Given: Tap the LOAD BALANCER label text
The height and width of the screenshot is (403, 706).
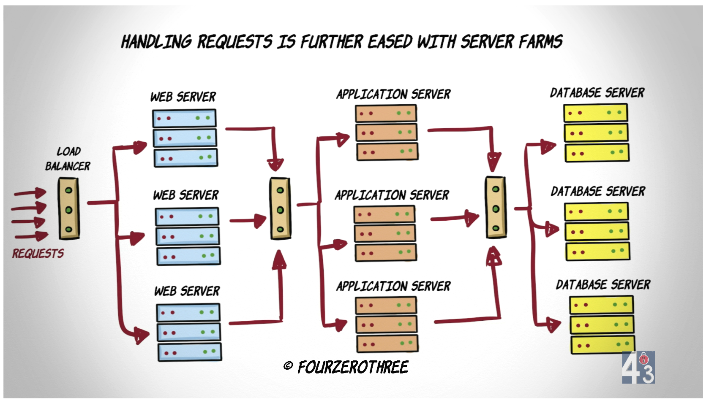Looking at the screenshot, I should click(68, 159).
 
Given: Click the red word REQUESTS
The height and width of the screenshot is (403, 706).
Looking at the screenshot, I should click(38, 254).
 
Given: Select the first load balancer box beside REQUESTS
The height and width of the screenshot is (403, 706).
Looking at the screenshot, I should click(68, 208).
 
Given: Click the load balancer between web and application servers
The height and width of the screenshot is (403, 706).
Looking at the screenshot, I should click(280, 208).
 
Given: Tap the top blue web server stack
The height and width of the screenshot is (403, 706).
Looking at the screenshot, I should click(185, 138).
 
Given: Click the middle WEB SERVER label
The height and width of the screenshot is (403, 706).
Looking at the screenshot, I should click(186, 195).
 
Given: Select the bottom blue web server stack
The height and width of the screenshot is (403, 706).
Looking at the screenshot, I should click(189, 333).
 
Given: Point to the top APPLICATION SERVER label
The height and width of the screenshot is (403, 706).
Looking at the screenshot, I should click(393, 94).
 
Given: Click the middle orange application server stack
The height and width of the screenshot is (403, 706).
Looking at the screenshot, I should click(385, 233).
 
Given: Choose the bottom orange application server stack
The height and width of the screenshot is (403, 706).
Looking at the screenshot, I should click(387, 325).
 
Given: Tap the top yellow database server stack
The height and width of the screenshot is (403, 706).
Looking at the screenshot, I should click(596, 133).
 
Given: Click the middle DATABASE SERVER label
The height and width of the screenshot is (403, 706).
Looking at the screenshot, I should click(598, 192).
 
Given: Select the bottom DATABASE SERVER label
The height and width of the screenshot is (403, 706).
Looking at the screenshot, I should click(603, 285).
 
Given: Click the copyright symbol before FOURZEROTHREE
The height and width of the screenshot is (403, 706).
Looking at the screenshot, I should click(288, 366).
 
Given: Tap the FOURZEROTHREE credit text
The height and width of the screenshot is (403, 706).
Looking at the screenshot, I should click(353, 368).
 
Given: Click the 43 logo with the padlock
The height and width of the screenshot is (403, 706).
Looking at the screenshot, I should click(638, 368).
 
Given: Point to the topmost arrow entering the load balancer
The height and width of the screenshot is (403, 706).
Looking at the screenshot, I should click(30, 193).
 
